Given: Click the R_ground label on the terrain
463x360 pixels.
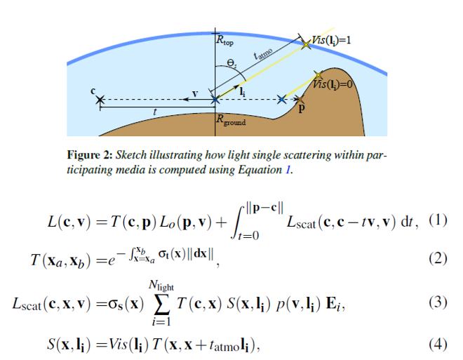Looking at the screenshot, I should [x=231, y=120].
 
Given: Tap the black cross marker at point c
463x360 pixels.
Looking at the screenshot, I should [x=101, y=100].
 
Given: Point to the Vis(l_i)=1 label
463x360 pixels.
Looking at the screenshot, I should [x=330, y=40].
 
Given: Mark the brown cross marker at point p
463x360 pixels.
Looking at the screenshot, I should [x=300, y=102].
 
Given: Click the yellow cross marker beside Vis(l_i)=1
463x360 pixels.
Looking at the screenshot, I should [x=306, y=44].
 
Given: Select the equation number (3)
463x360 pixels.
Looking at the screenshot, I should [x=439, y=302].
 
